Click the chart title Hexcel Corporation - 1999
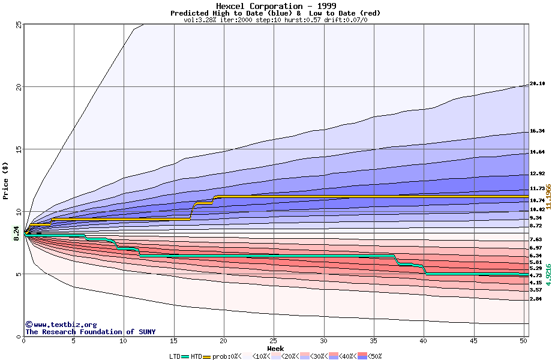coord(275,6)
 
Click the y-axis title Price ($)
coord(5,181)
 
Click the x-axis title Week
coord(275,349)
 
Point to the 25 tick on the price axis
coord(19,25)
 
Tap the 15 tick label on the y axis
coord(19,149)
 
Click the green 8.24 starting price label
coord(17,233)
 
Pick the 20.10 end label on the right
coord(537,84)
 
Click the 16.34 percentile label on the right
coord(537,131)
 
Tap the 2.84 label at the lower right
coord(536,299)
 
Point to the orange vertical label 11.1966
coord(548,196)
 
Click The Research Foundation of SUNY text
coord(90,332)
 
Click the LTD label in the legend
coord(175,356)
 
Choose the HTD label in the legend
coord(196,356)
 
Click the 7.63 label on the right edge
coord(536,239)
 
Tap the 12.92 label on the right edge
coord(537,174)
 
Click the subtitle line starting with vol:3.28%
coord(275,20)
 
